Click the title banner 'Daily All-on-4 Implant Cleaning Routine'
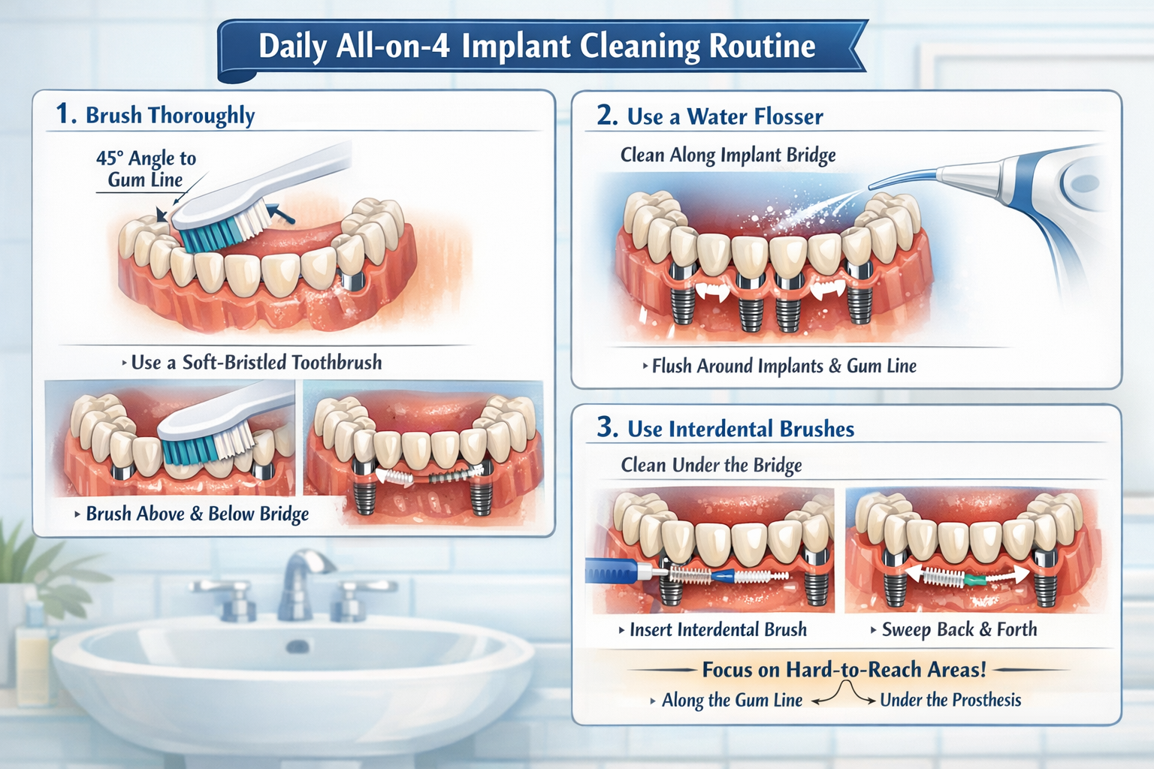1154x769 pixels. point(536,47)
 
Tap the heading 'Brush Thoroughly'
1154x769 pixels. point(170,116)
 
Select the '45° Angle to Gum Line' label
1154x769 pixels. point(146,169)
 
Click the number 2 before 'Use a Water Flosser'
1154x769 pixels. point(607,116)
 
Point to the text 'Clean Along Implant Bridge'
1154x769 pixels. point(727,155)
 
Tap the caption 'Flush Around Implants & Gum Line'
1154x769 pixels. point(784,366)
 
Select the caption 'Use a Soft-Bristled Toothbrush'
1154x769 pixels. point(255,363)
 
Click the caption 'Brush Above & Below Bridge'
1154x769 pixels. point(197,514)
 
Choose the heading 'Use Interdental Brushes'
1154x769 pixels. point(740,430)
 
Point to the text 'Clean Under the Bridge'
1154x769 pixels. point(711,466)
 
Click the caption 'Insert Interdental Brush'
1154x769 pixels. point(717,630)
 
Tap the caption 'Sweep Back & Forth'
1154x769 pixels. point(959,630)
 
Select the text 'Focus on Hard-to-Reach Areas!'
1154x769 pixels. point(844,669)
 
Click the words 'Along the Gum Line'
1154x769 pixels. point(731,701)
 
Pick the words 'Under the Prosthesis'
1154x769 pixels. point(950,701)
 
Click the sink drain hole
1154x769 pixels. point(298,647)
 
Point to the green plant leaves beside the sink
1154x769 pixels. point(30,556)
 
